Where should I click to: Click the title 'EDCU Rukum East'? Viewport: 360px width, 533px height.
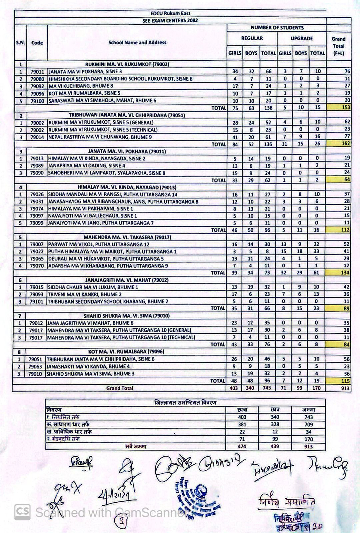[x=170, y=13]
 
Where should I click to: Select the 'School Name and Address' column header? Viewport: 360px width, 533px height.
[x=137, y=43]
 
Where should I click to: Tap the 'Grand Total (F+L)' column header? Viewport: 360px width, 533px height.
[x=338, y=46]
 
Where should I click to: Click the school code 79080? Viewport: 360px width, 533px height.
[x=37, y=79]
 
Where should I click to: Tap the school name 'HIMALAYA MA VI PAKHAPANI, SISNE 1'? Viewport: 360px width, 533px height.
[x=90, y=209]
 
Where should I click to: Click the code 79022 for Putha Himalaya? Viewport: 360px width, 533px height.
[x=37, y=252]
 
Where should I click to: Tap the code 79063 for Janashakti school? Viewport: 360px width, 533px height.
[x=35, y=366]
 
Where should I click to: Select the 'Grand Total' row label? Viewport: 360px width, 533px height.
[x=120, y=388]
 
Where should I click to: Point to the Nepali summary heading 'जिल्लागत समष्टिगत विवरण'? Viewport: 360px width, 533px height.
[x=185, y=402]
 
